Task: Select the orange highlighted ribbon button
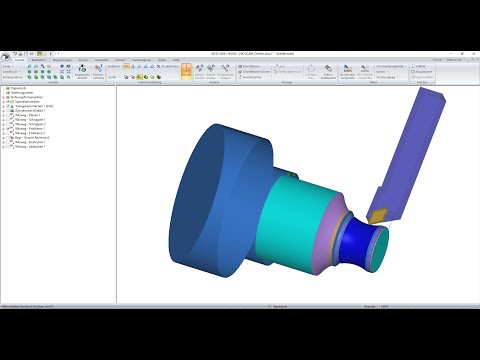(186, 72)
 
